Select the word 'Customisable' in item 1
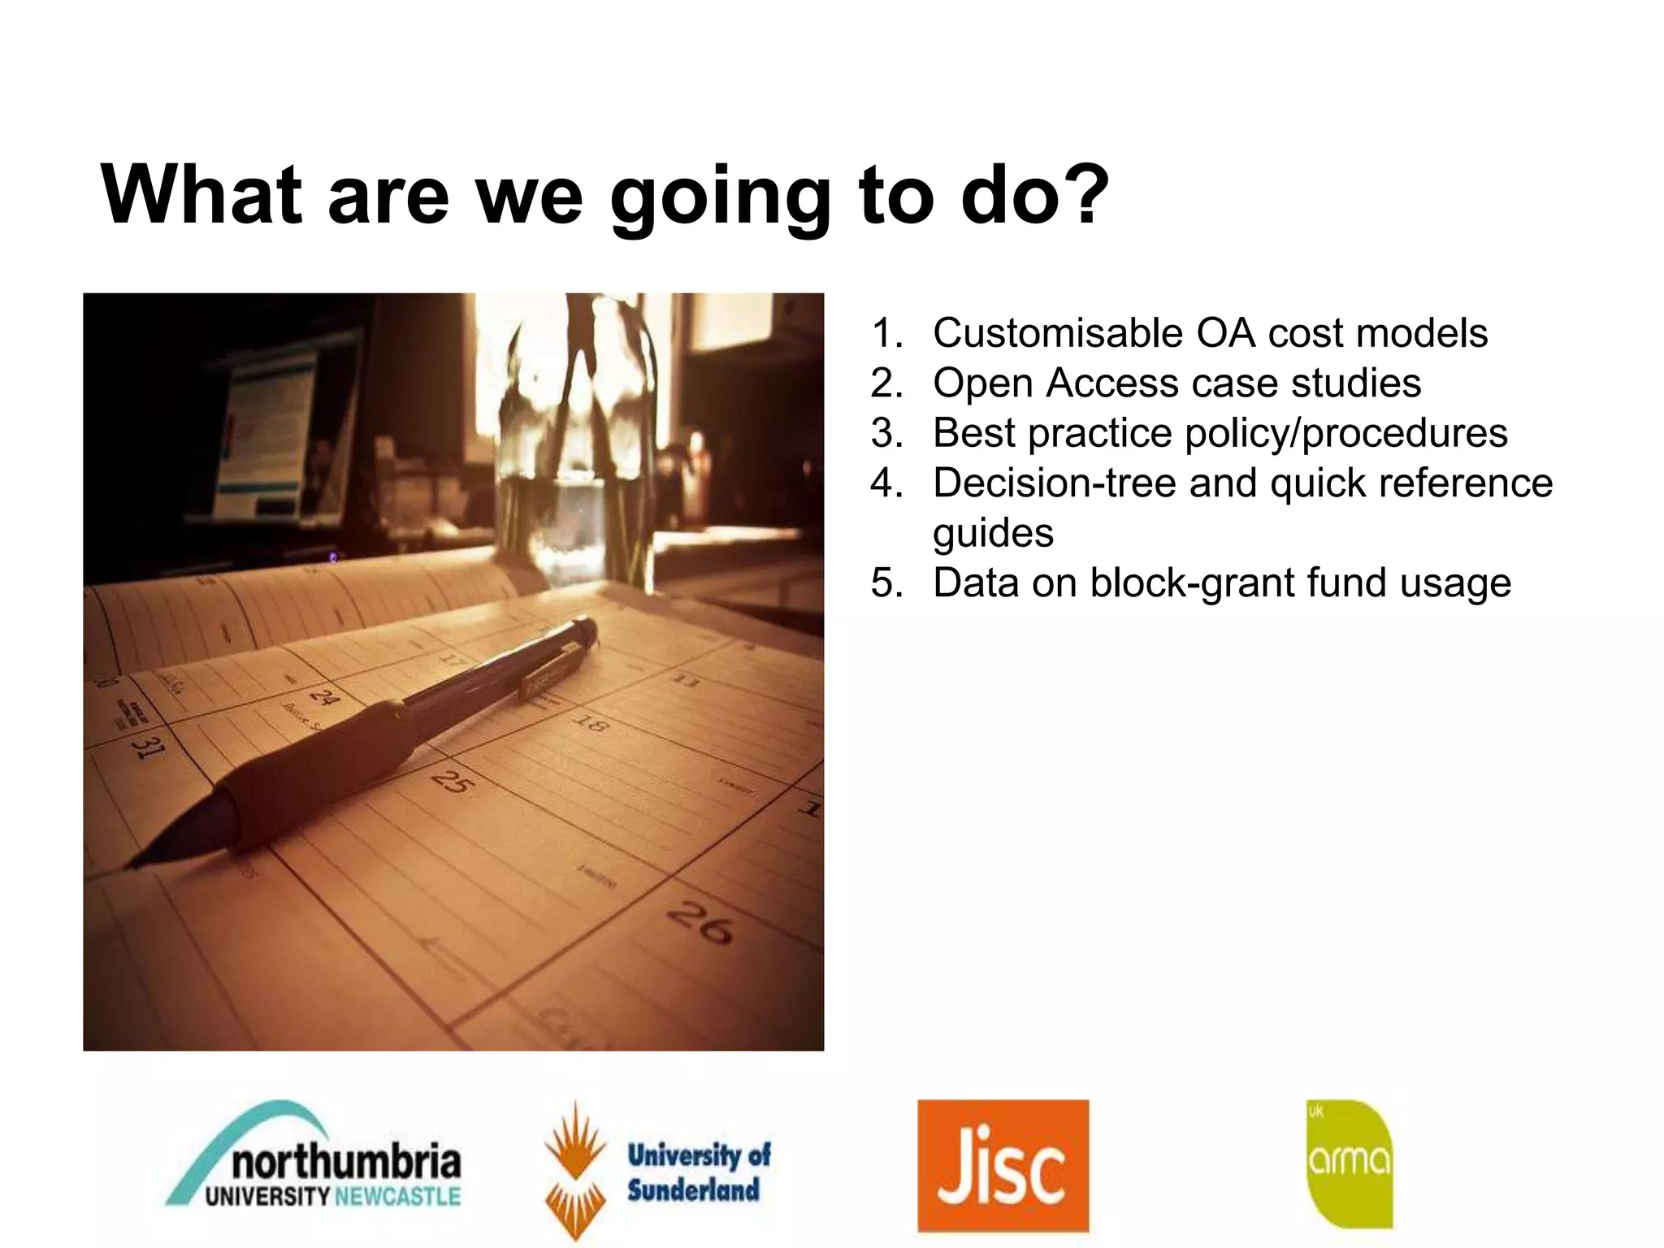click(x=1057, y=333)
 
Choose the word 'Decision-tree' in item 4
click(x=1054, y=483)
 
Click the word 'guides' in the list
click(x=993, y=533)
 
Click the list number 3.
click(x=886, y=433)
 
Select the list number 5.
click(x=886, y=583)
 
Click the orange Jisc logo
click(x=1003, y=1165)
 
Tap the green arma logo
click(x=1350, y=1163)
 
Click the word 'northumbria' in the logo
click(x=346, y=1161)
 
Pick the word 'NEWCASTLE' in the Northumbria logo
click(x=397, y=1197)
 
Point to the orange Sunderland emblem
click(x=575, y=1170)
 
